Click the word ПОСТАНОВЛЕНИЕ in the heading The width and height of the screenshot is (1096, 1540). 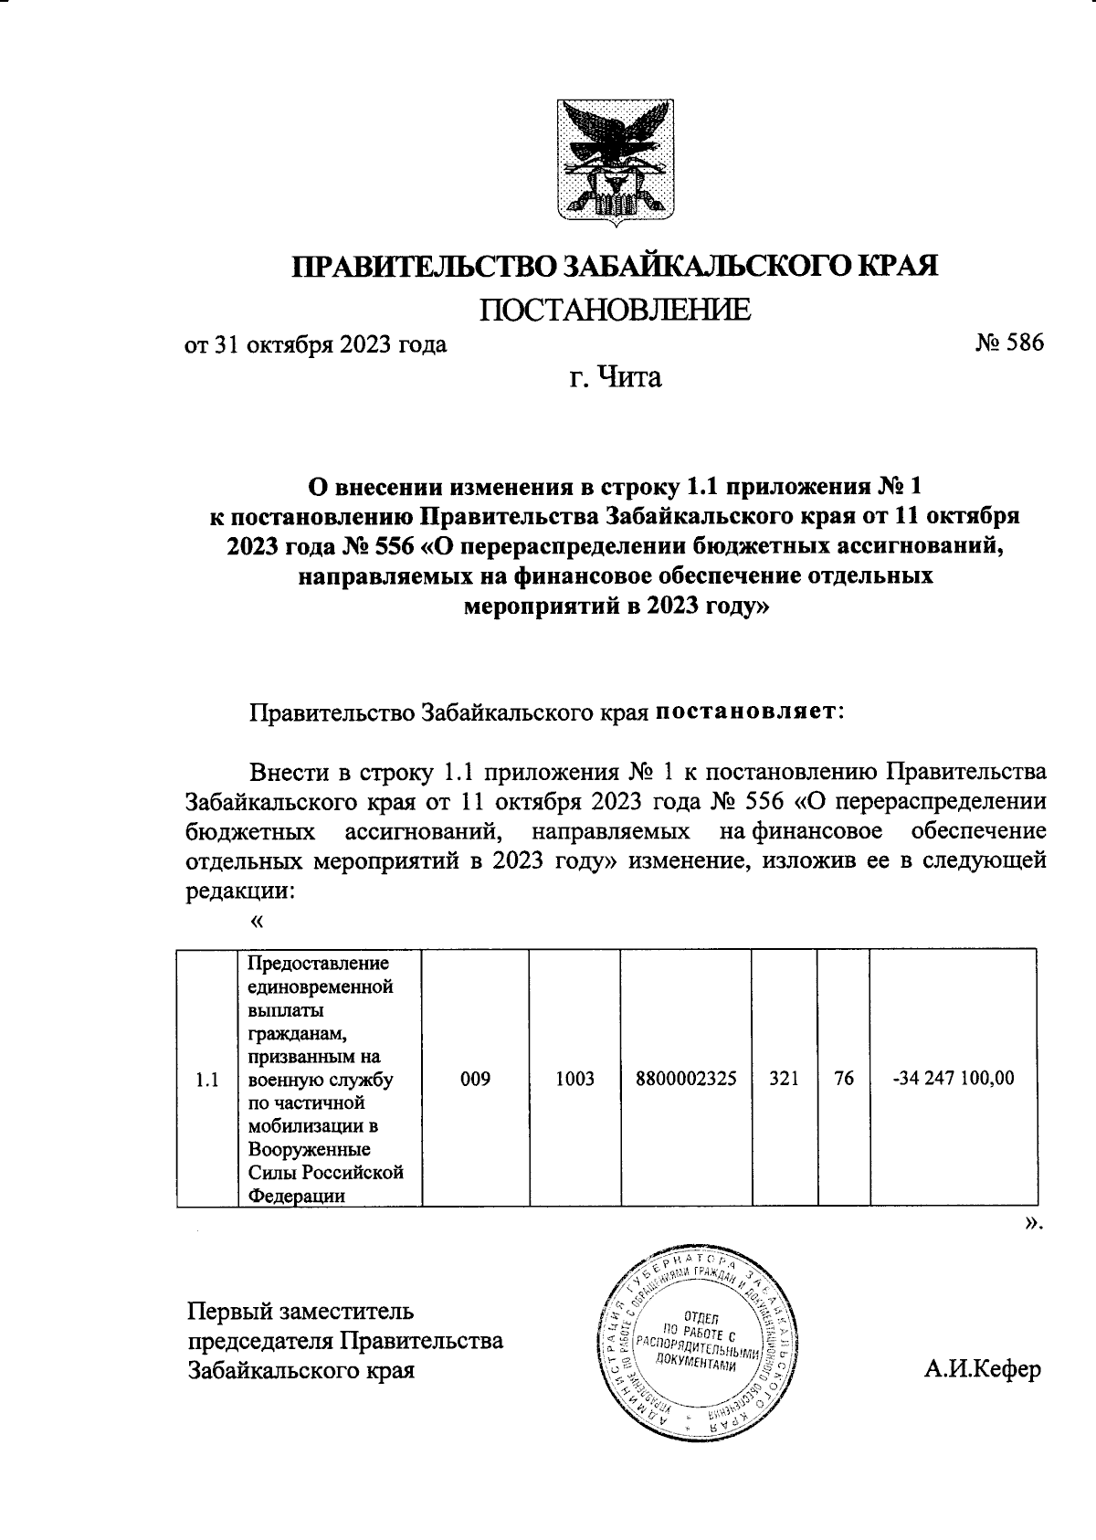(616, 311)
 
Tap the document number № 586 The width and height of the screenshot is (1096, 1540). (1008, 344)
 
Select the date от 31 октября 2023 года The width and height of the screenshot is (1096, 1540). (316, 345)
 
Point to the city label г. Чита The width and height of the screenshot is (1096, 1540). (616, 376)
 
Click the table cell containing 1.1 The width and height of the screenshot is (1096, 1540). (207, 1080)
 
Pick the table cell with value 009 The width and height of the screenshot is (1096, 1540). (475, 1079)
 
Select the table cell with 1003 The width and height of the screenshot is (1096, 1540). (574, 1079)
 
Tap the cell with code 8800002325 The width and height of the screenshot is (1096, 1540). (686, 1079)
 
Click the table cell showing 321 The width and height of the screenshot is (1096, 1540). (785, 1079)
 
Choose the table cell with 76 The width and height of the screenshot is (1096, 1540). (844, 1079)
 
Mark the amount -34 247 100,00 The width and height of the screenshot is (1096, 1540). (953, 1079)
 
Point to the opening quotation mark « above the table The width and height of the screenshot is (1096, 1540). (256, 922)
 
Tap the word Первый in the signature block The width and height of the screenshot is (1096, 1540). (227, 1313)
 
